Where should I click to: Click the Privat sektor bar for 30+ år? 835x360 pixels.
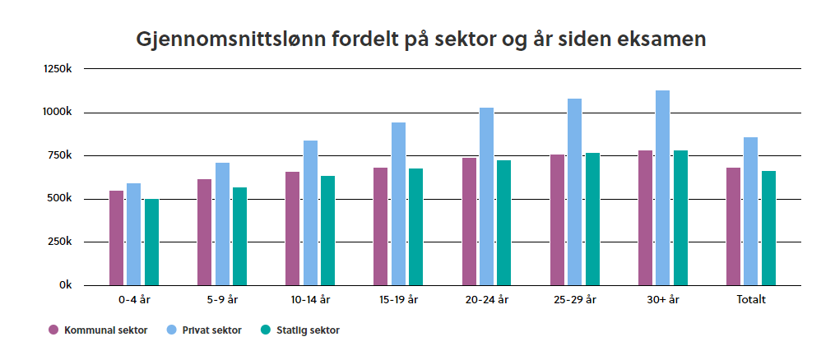click(662, 187)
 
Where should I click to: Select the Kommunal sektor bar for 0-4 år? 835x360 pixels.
click(116, 238)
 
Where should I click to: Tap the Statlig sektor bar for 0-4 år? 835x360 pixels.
click(151, 242)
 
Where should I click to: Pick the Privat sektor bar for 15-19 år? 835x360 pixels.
click(398, 204)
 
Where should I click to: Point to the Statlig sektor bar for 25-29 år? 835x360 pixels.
click(592, 219)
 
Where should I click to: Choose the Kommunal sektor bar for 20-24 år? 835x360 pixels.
click(469, 222)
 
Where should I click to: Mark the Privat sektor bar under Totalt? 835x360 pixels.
click(751, 211)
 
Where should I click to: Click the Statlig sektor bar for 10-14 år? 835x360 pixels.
click(328, 231)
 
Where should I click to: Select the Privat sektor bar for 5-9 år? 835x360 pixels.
click(222, 224)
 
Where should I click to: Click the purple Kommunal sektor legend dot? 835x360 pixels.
click(53, 330)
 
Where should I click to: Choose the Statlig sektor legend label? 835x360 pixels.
click(308, 330)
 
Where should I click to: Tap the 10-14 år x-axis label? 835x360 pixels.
click(310, 300)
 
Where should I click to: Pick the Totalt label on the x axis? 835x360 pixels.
click(751, 300)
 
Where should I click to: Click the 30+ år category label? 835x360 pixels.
click(663, 300)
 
